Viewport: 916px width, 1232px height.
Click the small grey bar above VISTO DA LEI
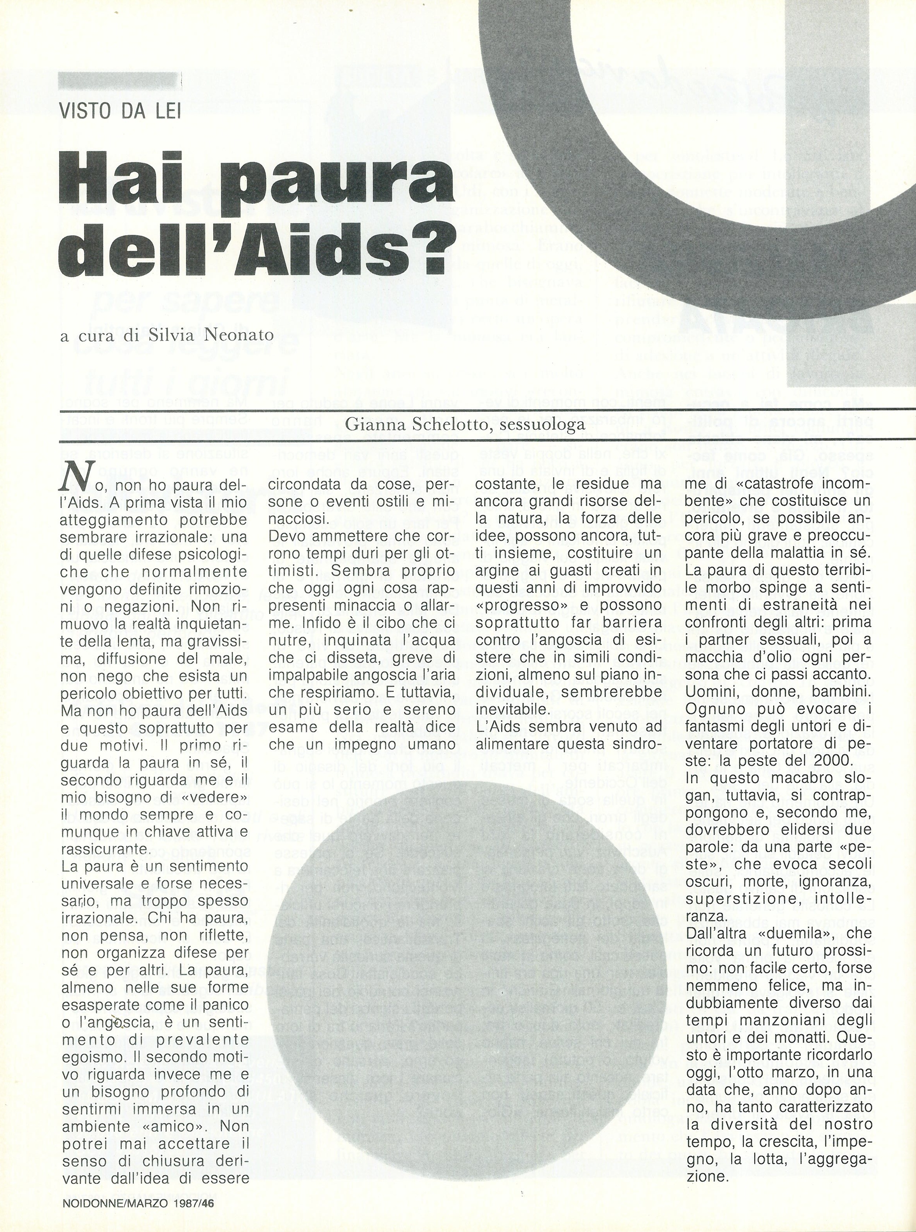[120, 81]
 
